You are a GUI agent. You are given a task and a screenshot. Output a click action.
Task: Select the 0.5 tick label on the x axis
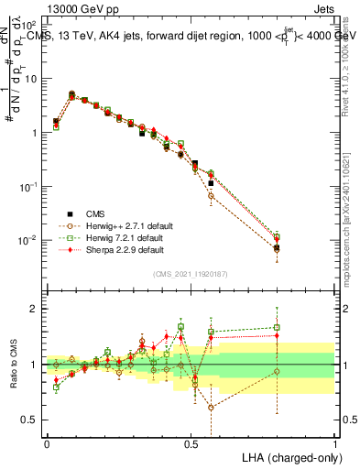click(x=191, y=442)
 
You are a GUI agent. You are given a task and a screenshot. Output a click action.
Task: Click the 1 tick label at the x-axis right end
click(x=335, y=442)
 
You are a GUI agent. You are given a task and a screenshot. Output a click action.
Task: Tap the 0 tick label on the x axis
click(x=47, y=442)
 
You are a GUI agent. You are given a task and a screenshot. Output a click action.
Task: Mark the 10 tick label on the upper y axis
click(x=31, y=79)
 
